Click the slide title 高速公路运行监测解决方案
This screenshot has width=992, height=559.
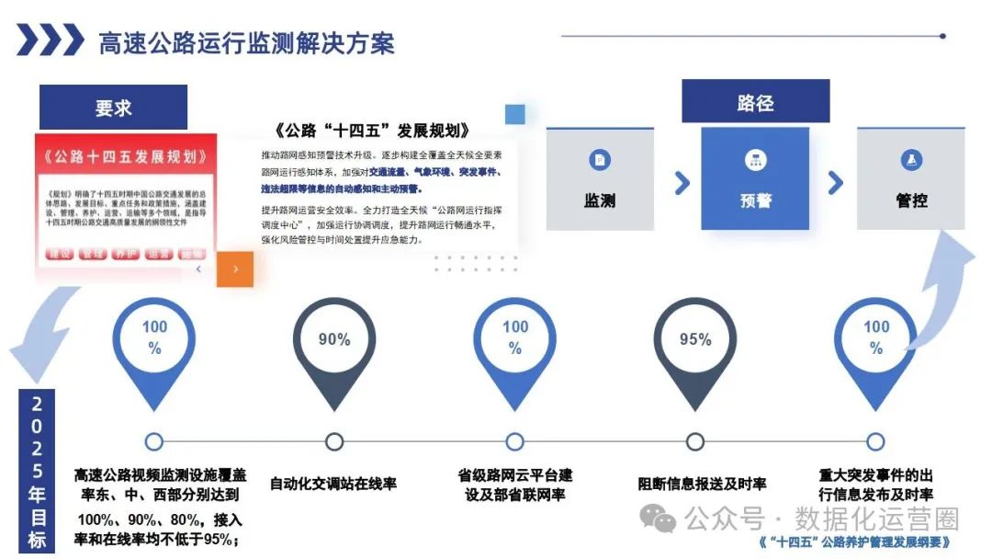[246, 42]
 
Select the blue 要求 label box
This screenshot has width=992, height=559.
[113, 108]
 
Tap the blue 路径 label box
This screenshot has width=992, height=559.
[755, 102]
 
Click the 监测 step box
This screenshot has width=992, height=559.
[600, 178]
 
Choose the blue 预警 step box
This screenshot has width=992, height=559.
[755, 178]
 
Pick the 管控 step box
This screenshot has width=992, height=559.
[911, 178]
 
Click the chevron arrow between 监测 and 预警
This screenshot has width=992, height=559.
[682, 182]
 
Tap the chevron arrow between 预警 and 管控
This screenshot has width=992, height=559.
[835, 182]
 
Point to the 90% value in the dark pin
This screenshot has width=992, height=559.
[334, 339]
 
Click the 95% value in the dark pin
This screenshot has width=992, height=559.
[695, 339]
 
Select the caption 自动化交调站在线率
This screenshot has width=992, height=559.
[333, 484]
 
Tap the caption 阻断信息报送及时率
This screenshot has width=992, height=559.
[702, 484]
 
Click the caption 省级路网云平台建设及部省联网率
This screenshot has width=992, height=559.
[514, 485]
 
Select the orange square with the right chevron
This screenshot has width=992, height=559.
[235, 269]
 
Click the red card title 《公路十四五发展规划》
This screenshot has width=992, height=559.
[126, 156]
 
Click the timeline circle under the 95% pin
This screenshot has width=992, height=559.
[695, 441]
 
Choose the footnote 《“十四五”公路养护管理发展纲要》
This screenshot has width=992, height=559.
[855, 542]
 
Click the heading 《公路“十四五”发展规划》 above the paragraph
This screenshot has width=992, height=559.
[373, 130]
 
